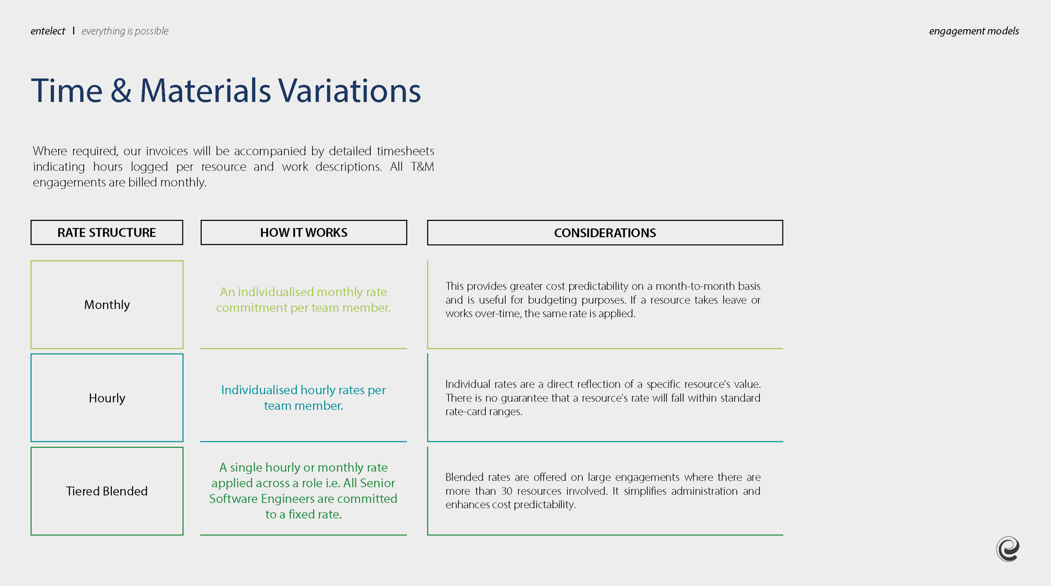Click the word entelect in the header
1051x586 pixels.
[48, 31]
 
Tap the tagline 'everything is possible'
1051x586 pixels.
[125, 31]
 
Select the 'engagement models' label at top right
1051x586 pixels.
[974, 31]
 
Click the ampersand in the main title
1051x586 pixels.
[121, 90]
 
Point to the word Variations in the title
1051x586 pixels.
[349, 90]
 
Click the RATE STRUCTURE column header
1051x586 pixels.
[107, 233]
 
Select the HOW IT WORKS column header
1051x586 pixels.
[304, 233]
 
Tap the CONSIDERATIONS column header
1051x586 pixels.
[605, 233]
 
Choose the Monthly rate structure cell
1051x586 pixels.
[107, 305]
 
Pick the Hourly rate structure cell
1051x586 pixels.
[107, 398]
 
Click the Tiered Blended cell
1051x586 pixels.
[107, 491]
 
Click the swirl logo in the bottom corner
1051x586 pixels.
[1008, 549]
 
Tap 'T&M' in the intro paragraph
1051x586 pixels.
[423, 167]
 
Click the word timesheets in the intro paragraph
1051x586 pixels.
[405, 151]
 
